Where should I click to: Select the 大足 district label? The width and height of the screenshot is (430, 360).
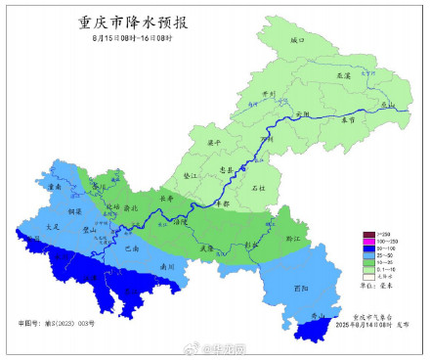pyautogui.click(x=53, y=226)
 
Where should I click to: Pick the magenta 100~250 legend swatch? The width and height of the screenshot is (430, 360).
pyautogui.click(x=370, y=242)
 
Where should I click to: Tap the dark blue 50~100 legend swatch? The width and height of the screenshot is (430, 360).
pyautogui.click(x=370, y=248)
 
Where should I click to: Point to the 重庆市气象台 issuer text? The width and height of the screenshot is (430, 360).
pyautogui.click(x=369, y=316)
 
